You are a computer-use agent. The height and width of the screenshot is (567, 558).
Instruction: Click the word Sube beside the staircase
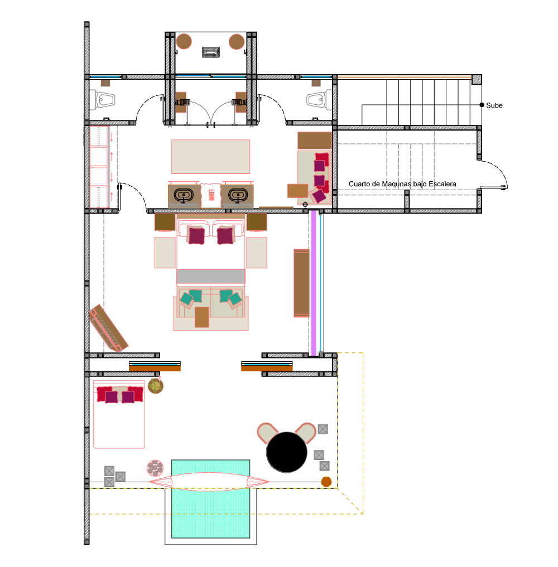pos(494,105)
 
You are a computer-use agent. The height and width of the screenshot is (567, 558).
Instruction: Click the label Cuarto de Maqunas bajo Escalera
pos(402,183)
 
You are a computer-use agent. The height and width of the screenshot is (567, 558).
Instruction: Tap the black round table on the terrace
pos(287,452)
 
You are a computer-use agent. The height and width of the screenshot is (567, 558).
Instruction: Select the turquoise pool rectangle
pos(210,498)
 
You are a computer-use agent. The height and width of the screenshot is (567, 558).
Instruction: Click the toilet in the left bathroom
pos(103,99)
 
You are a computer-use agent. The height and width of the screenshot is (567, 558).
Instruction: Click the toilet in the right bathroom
pos(319,99)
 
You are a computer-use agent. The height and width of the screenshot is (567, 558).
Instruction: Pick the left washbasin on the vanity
pos(184,195)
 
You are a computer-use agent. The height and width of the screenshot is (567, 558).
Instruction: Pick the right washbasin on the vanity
pos(238,195)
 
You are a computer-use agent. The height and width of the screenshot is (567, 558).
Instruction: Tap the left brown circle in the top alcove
pos(184,41)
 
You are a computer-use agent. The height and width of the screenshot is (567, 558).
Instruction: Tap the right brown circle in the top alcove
pos(237,42)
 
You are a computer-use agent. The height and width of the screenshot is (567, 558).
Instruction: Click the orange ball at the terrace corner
pos(326,482)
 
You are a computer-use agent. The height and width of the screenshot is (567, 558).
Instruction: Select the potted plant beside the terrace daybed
pos(156,386)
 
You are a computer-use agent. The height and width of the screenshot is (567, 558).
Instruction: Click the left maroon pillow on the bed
pos(196,235)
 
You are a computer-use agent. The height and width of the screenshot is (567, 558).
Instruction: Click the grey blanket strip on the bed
pos(210,277)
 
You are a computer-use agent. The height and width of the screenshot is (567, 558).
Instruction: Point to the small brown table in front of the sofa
pos(202,317)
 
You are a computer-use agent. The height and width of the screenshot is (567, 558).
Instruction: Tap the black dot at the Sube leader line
pos(482,105)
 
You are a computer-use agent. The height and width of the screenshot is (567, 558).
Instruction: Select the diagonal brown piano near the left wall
pos(109,328)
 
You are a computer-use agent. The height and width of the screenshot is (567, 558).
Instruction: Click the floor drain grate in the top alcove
pos(210,52)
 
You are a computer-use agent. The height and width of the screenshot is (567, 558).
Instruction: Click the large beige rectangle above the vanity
pos(210,157)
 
